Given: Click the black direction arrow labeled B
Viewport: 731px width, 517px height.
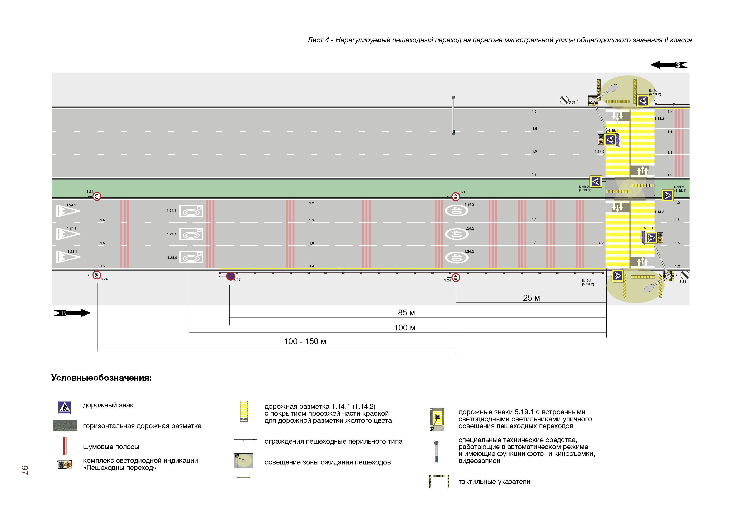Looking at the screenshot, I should [x=72, y=313].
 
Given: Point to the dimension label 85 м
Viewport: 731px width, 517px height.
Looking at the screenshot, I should [x=406, y=312].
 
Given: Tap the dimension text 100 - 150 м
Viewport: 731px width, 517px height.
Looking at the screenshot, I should [x=305, y=341].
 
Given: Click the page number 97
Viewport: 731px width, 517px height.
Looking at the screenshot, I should [x=25, y=470].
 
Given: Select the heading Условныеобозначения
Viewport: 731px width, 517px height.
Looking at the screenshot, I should [x=101, y=378].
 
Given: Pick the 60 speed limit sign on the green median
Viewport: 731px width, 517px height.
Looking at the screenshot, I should [x=97, y=196].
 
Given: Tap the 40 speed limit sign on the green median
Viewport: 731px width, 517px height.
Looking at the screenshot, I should [x=456, y=197].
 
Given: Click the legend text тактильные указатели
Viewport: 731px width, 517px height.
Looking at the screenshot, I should [x=494, y=482].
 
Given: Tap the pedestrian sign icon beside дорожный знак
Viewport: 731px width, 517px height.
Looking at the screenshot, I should [x=65, y=407].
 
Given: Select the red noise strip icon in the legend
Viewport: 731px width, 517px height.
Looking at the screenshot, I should [x=65, y=446].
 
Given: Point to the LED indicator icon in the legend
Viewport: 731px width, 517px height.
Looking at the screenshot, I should [x=65, y=464].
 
